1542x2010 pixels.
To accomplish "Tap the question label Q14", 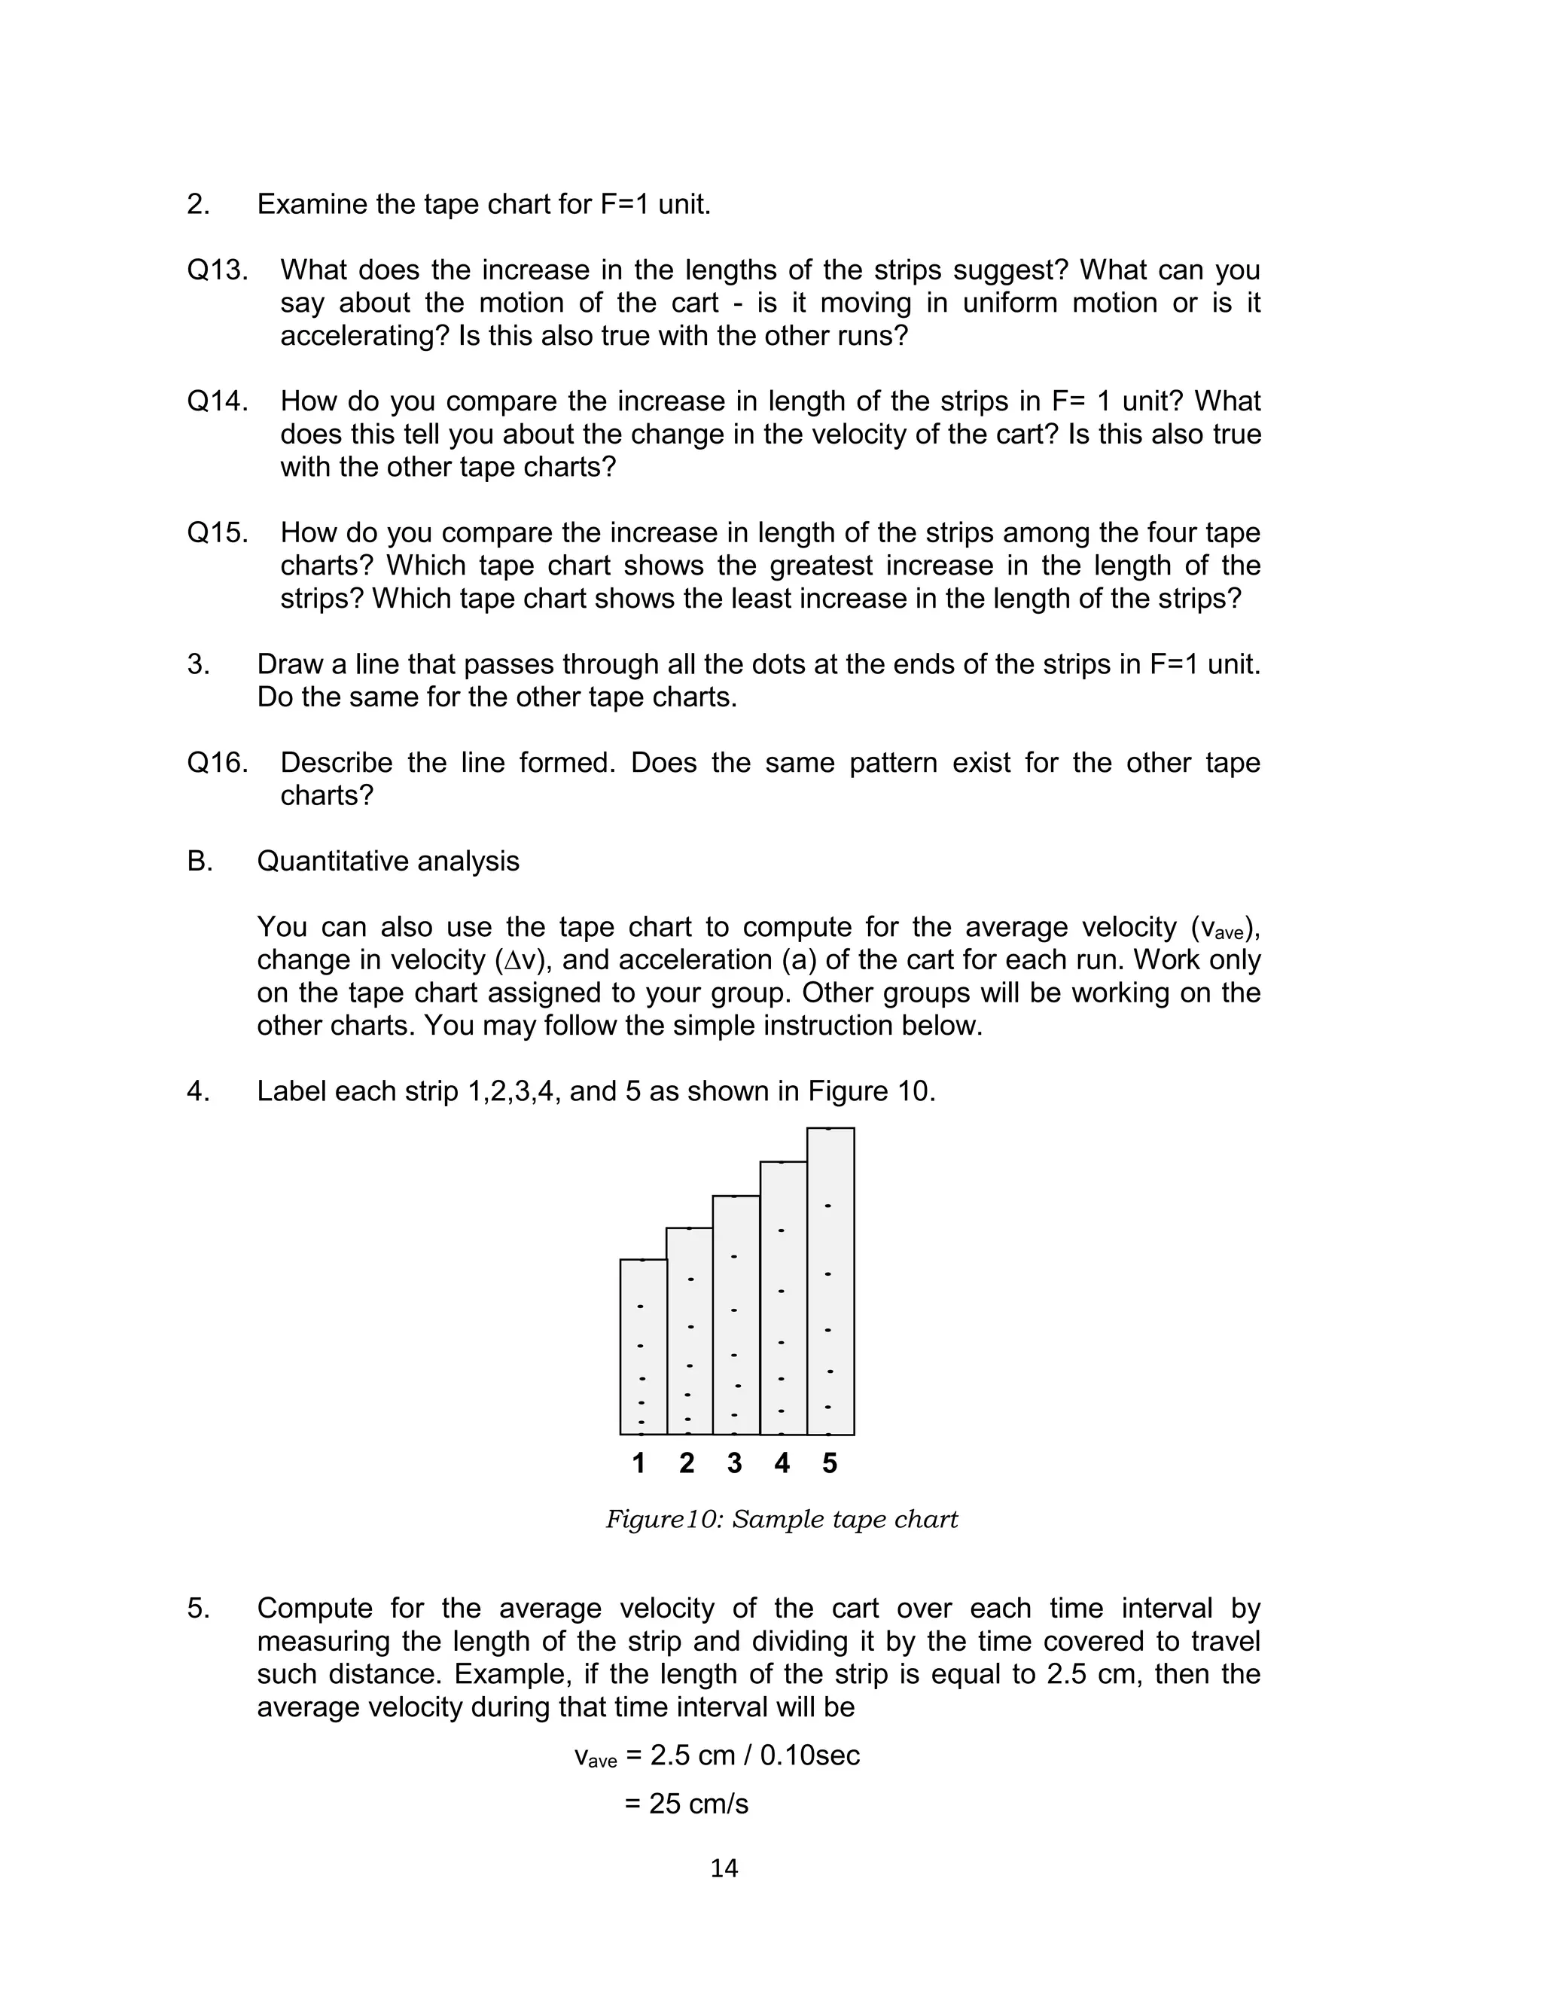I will (x=218, y=401).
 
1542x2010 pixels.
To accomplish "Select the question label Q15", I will (x=218, y=532).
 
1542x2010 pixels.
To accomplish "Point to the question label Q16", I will (x=218, y=763).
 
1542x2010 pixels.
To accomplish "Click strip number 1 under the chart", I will (x=638, y=1463).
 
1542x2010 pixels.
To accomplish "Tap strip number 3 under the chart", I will (x=734, y=1463).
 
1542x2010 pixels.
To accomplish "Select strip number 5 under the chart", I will (x=830, y=1463).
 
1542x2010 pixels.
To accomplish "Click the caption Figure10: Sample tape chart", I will (x=781, y=1520).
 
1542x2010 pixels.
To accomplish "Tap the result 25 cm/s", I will (x=687, y=1804).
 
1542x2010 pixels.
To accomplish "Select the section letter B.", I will (x=200, y=861).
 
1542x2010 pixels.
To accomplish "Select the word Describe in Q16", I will (x=336, y=763).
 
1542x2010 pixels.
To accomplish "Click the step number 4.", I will (x=197, y=1091).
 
